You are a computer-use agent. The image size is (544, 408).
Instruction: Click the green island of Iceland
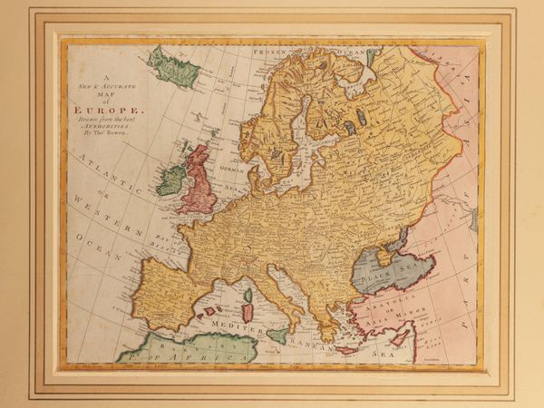point(173,68)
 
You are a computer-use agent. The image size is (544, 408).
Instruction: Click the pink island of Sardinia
point(247,312)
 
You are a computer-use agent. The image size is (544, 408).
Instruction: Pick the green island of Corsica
point(248,295)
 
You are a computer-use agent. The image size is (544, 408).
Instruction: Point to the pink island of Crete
point(346,349)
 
